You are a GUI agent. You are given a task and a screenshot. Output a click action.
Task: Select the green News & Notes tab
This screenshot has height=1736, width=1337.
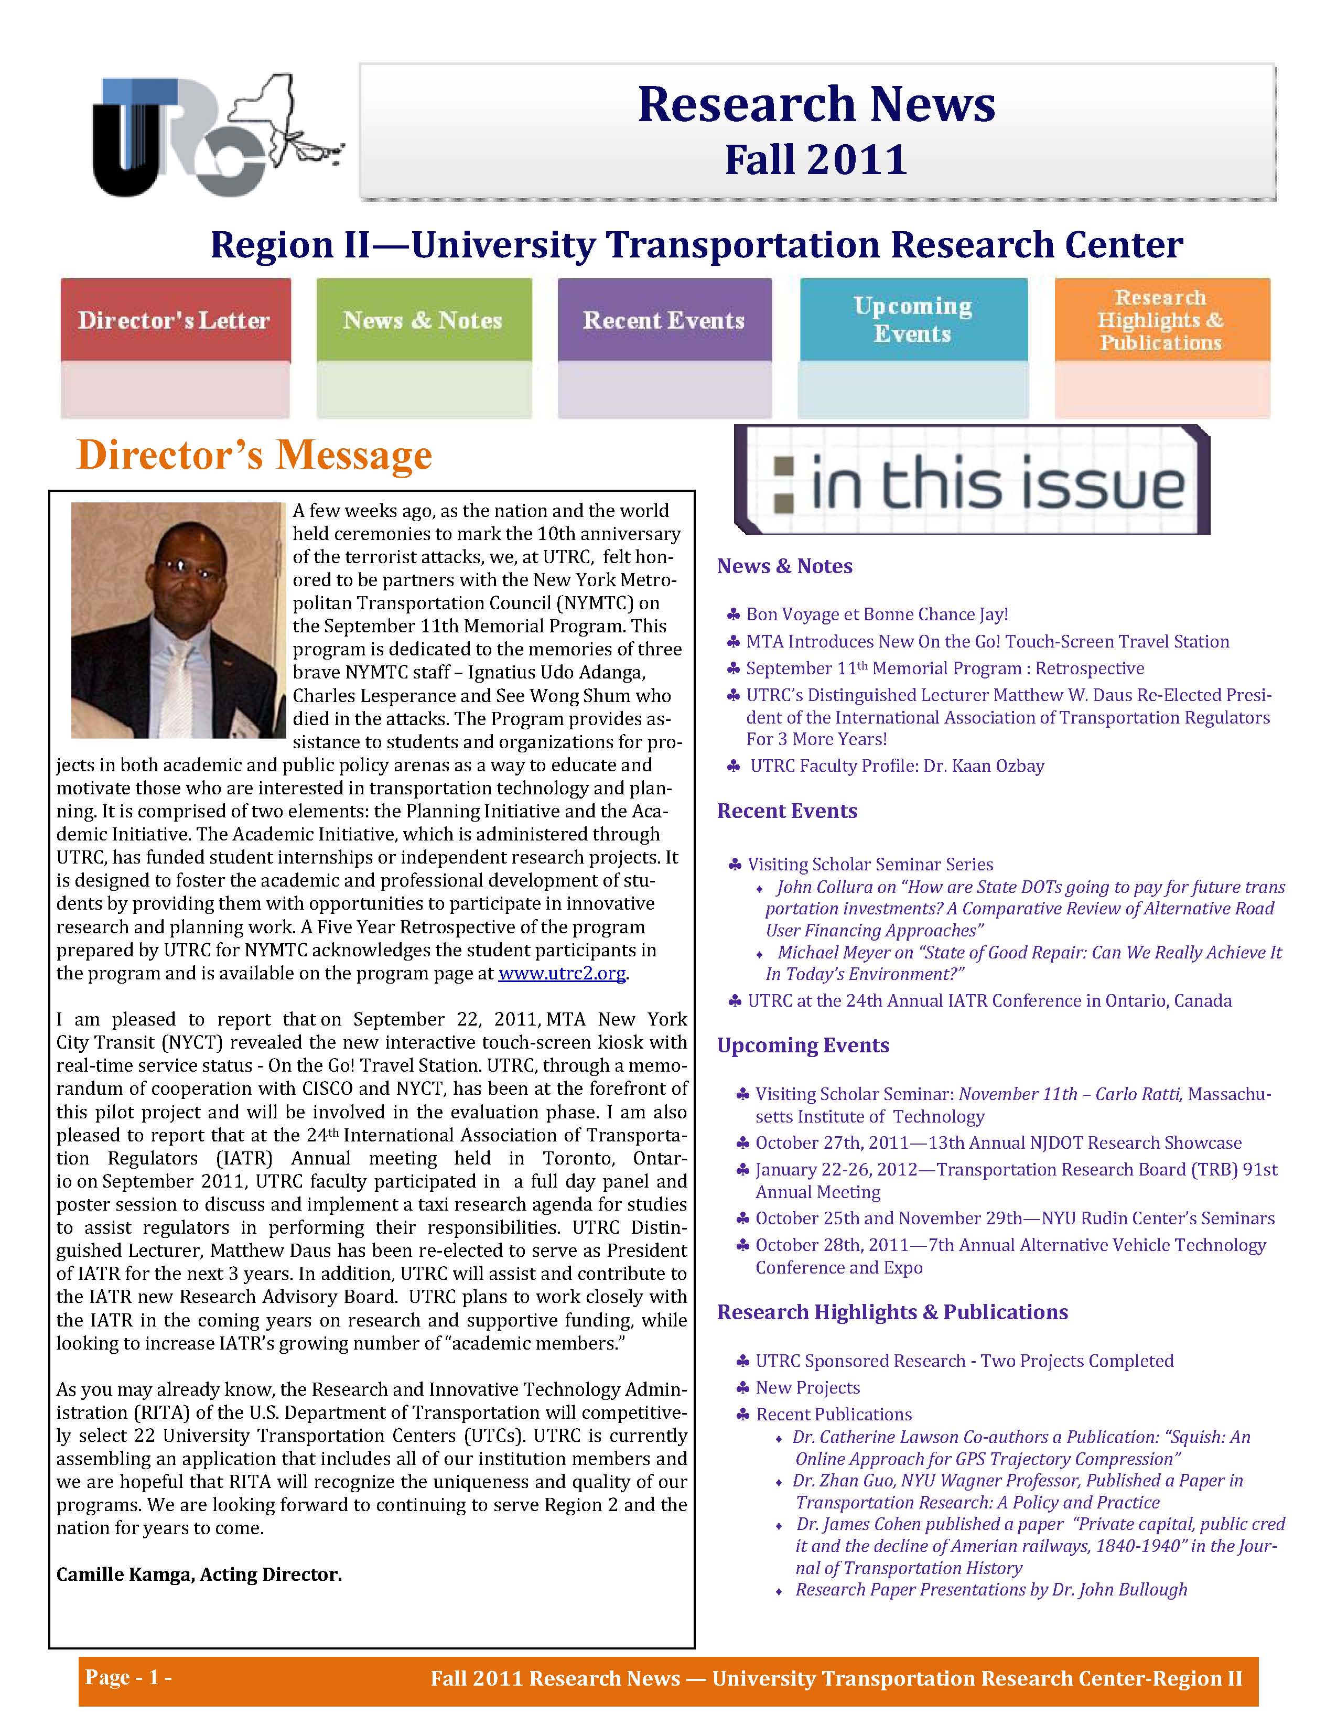tap(423, 320)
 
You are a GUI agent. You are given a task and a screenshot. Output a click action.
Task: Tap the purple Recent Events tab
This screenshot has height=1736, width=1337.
tap(664, 320)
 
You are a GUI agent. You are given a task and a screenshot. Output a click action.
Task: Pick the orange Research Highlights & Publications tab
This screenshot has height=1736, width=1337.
tap(1161, 320)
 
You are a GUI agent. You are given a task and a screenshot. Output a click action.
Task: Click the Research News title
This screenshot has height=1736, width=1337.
tap(816, 105)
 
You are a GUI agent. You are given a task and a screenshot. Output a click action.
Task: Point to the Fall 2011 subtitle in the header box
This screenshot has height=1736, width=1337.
tap(816, 160)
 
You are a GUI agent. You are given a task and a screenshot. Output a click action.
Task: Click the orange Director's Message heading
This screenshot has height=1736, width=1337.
tap(254, 456)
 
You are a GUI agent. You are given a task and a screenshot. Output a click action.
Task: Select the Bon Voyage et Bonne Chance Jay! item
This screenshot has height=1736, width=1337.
tap(877, 614)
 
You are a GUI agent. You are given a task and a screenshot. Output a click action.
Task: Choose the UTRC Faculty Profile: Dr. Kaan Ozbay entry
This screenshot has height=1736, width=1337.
tap(897, 766)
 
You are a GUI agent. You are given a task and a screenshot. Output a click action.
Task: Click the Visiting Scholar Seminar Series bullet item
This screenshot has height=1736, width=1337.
tap(870, 865)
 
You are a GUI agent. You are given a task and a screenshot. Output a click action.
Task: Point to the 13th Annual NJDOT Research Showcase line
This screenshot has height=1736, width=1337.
tap(998, 1143)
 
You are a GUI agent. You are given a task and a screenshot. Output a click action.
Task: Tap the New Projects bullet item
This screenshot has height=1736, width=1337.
tap(807, 1388)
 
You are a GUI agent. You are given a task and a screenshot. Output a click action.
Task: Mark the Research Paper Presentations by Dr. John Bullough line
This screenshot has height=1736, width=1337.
tap(991, 1590)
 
